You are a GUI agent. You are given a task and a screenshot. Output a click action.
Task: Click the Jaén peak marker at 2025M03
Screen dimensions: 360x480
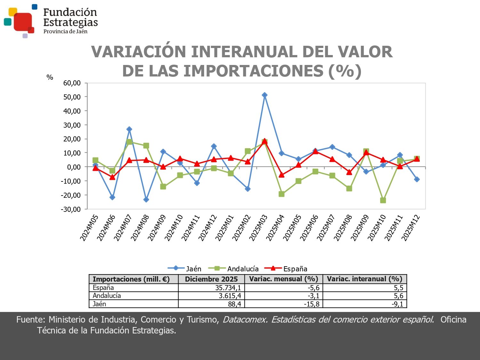click(265, 95)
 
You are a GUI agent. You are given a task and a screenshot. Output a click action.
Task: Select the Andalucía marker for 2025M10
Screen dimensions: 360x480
click(383, 200)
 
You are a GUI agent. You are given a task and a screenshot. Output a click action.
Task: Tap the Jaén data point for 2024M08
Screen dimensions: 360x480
click(146, 200)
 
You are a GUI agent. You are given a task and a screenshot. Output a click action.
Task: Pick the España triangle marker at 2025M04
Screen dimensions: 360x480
click(282, 175)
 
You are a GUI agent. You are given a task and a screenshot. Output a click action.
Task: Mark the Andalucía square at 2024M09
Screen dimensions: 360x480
click(163, 187)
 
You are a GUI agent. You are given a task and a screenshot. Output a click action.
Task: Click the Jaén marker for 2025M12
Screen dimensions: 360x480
click(417, 180)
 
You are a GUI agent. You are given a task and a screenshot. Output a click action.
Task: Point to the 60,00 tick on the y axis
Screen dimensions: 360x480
click(72, 83)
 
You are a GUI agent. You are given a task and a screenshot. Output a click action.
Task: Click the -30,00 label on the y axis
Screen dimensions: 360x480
click(71, 209)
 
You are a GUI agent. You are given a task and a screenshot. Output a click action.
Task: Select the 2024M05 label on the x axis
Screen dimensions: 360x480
click(89, 228)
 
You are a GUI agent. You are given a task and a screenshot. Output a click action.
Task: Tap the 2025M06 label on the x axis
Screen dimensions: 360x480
click(309, 228)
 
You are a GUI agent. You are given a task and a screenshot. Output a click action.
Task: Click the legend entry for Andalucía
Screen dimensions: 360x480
click(243, 269)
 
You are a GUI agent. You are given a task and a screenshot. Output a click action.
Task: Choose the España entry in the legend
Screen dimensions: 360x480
click(295, 269)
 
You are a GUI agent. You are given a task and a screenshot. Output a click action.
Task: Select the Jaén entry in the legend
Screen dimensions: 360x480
click(194, 269)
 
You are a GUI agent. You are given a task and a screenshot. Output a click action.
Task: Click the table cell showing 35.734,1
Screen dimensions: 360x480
click(228, 288)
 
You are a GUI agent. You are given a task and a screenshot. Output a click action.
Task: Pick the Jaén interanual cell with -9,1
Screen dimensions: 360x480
click(397, 304)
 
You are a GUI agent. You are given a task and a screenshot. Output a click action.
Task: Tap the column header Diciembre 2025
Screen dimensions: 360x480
click(211, 279)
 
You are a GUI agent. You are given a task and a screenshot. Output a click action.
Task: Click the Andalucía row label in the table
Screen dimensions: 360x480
click(107, 296)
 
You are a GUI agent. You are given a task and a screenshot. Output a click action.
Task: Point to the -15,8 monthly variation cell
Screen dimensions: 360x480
click(311, 304)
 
